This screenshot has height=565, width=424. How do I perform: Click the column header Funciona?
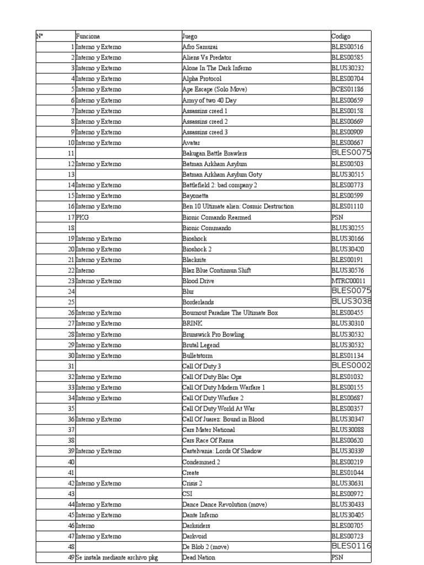[88, 36]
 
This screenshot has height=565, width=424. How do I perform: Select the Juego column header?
[190, 36]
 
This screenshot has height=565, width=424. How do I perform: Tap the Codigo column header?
[341, 36]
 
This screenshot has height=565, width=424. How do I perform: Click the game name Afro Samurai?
[200, 47]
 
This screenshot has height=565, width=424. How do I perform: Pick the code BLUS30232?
[347, 68]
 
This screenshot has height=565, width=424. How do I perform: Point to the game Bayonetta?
[197, 196]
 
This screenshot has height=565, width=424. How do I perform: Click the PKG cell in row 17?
[82, 217]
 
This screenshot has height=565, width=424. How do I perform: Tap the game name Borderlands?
[198, 302]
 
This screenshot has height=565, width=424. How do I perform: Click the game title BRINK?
[192, 323]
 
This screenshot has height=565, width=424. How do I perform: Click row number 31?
[71, 366]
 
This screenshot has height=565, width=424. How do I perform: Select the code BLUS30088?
[347, 430]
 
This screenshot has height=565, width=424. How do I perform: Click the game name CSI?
[187, 494]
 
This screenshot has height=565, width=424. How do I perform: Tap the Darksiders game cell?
[196, 526]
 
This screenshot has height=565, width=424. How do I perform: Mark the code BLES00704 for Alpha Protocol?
[347, 79]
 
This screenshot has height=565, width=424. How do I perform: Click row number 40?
[71, 462]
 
